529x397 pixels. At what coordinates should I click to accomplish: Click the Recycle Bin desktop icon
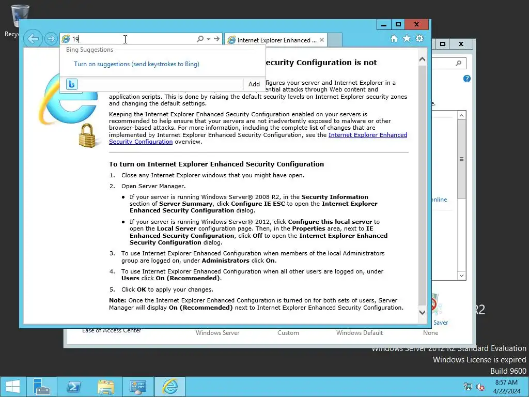(20, 16)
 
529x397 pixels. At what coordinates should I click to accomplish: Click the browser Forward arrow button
(50, 39)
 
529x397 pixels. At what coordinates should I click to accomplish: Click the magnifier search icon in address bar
(200, 39)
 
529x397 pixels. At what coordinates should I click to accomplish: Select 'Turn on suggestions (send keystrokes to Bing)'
(136, 64)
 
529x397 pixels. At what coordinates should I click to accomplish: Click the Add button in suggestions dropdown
(254, 84)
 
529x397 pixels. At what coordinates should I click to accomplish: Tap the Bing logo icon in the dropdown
(72, 84)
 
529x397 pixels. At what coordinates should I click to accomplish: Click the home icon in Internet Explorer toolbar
(394, 39)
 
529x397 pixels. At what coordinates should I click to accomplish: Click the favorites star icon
(407, 39)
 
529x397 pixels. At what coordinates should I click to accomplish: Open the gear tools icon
(419, 39)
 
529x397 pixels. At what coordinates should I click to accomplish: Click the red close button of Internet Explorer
(416, 24)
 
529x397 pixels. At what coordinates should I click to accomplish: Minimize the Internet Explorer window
(383, 24)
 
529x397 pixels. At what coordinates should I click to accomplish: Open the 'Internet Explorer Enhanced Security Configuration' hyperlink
(367, 135)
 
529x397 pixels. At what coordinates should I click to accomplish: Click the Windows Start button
(12, 387)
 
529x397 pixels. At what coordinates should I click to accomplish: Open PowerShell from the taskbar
(73, 387)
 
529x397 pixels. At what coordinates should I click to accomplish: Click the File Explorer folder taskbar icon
(106, 387)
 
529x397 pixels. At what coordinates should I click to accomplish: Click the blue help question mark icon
(467, 79)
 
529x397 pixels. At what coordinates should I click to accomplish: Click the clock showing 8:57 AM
(506, 383)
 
